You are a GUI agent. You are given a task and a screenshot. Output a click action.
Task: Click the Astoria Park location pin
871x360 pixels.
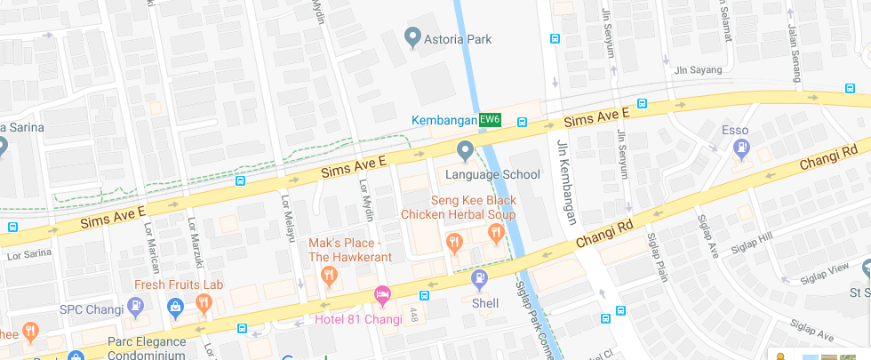pos(412,38)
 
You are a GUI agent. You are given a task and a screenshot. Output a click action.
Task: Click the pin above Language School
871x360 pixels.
pos(463,151)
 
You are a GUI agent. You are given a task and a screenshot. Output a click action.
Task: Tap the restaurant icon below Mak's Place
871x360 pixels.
pos(328,276)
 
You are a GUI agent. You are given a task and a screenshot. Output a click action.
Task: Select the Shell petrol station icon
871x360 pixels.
pos(479,280)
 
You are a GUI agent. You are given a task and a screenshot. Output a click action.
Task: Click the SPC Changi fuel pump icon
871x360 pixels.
pos(135,308)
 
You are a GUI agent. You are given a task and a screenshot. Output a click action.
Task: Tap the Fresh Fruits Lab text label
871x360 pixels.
pos(179,285)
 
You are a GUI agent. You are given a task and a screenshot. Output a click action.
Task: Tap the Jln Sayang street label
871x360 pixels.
pos(694,69)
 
